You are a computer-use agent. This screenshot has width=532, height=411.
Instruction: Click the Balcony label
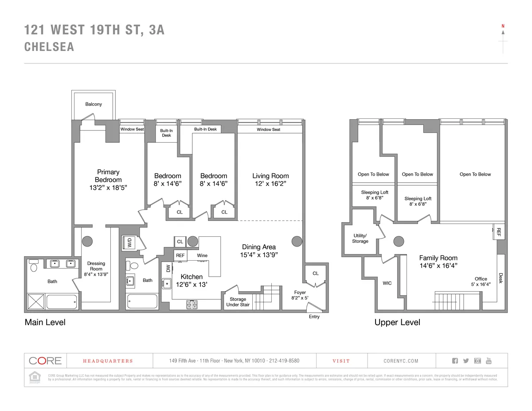coord(94,104)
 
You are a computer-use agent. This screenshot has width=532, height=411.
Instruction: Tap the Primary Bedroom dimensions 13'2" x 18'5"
coord(108,188)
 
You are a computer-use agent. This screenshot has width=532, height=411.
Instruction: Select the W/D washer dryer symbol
coord(130,243)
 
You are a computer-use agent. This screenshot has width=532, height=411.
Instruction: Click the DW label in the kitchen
coord(168,268)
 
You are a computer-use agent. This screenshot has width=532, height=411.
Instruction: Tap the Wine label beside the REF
coord(202,255)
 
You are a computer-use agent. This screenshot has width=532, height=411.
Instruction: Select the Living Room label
coord(270,176)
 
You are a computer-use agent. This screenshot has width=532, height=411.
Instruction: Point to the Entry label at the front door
coord(314,317)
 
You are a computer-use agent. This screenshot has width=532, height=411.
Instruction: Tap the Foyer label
coord(300,292)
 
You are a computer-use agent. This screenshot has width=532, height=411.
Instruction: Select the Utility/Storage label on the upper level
coord(360,238)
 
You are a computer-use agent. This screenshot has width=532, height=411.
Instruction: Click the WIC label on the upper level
coord(387,283)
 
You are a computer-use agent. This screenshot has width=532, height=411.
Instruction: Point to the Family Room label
coord(438,258)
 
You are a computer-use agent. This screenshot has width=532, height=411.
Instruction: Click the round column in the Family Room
coord(399,241)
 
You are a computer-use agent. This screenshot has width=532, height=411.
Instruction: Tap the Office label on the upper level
coord(481,279)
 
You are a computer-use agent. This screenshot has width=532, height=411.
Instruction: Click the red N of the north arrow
coord(503,26)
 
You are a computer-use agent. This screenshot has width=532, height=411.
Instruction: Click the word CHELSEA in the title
coord(49,47)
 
